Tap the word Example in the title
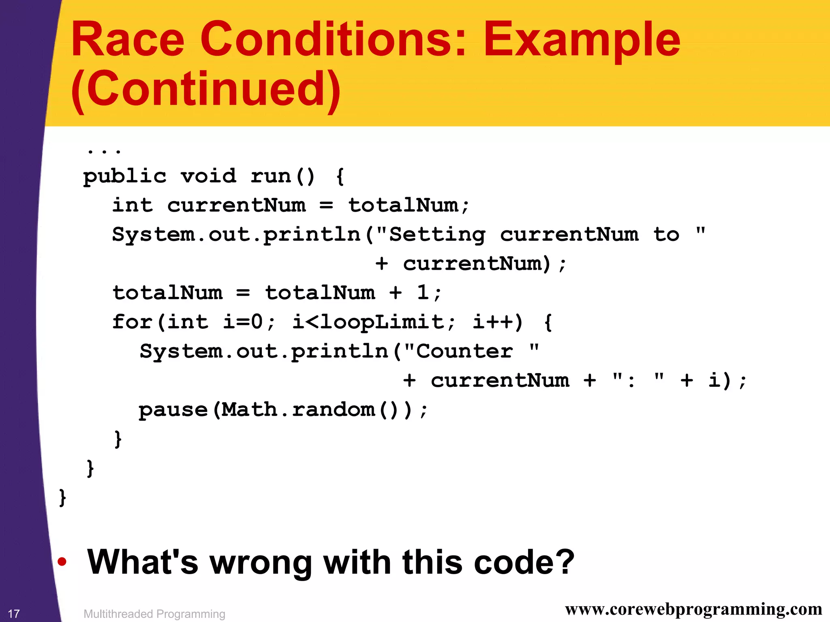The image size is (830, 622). [582, 39]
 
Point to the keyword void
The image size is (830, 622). [208, 176]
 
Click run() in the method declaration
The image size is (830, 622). [282, 176]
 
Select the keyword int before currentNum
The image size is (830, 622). [133, 205]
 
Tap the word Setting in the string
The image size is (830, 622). [437, 235]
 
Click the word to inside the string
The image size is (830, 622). [666, 234]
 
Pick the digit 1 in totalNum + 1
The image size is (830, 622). [423, 292]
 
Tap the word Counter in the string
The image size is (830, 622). [464, 351]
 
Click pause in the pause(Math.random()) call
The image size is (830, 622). [173, 410]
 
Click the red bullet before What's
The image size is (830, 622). [62, 562]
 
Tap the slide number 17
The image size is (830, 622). [14, 613]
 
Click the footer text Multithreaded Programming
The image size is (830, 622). [154, 614]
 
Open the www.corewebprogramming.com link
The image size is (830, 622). [693, 609]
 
